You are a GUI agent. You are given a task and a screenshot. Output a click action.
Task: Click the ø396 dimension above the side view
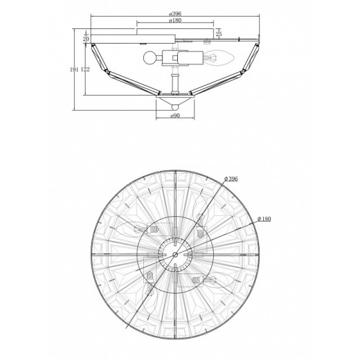175,13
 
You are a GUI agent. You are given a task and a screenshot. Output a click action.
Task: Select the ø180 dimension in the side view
175,20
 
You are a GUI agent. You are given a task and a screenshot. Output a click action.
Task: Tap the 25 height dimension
219,34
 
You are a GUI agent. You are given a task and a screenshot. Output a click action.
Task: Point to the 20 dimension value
86,39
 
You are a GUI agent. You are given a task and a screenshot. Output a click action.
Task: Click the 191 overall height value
74,69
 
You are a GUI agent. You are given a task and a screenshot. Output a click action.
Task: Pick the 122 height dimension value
85,69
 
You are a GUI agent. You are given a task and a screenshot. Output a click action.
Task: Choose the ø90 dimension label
175,116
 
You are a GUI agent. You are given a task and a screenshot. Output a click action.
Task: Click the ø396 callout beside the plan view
231,179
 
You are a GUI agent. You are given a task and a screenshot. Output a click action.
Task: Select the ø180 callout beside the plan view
264,219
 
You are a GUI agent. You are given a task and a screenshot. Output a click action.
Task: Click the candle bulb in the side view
219,57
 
